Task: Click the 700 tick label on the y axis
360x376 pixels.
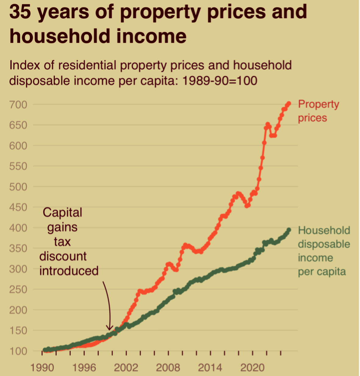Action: (18, 105)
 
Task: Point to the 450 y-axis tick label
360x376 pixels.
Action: (18, 207)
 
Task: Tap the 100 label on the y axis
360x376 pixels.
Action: (18, 351)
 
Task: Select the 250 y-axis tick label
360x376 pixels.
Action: (18, 290)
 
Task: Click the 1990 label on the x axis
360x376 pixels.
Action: (42, 368)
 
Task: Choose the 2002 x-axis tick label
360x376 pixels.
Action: (126, 368)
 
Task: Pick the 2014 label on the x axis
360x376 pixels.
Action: (210, 368)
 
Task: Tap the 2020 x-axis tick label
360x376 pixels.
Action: (252, 368)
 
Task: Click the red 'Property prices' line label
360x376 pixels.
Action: (318, 111)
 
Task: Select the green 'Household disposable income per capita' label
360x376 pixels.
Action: (323, 251)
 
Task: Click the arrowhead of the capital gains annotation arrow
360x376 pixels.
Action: (109, 329)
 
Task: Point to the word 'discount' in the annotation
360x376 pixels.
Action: (63, 256)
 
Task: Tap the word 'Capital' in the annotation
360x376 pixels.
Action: (62, 212)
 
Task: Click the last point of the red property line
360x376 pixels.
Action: (289, 104)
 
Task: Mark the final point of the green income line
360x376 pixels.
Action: (289, 230)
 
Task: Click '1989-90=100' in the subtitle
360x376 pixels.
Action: (220, 81)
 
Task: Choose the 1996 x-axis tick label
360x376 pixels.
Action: (84, 368)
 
